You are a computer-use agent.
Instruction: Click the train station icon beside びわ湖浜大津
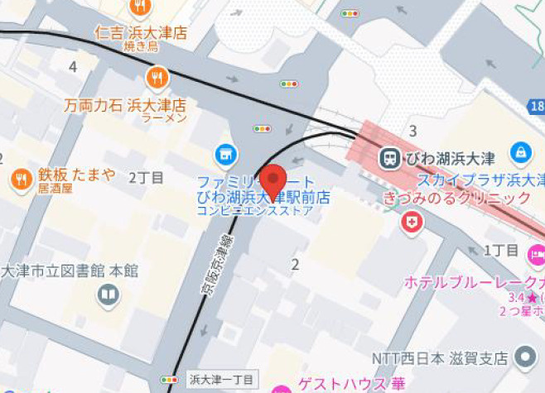pos(389,157)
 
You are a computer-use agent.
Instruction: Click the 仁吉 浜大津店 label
pos(141,34)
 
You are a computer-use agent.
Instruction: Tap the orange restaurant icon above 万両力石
pos(157,79)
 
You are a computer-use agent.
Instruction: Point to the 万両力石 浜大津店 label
pos(125,106)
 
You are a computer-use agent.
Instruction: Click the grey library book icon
pos(109,294)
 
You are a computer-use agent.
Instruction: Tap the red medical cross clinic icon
pos(412,222)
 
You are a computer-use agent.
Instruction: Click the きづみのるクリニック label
pos(456,199)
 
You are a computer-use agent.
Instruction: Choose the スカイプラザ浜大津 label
pos(480,180)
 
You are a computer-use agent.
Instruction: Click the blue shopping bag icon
pos(521,152)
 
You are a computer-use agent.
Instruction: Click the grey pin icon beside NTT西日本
pos(525,357)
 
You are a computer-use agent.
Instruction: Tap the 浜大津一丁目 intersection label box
pos(222,380)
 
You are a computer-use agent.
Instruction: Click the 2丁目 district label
pos(147,177)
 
